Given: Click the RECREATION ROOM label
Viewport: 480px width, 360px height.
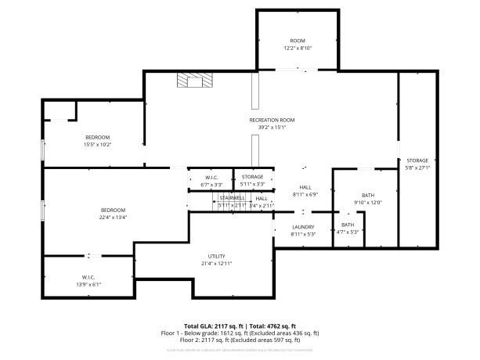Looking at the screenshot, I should tap(268, 120).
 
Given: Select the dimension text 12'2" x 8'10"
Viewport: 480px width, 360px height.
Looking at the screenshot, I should tap(298, 48).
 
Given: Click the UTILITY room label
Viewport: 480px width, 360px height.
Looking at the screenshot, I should tap(217, 256).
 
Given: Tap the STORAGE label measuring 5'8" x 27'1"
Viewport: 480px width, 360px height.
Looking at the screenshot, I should tap(417, 160).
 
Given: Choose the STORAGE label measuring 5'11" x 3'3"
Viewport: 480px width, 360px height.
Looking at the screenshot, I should tap(252, 178).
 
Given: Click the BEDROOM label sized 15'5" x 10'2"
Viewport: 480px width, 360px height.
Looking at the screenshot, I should tap(98, 137).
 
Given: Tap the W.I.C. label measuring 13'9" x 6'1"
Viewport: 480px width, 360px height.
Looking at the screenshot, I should tap(88, 277).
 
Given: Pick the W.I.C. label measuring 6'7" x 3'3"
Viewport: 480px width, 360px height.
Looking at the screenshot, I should tap(211, 178).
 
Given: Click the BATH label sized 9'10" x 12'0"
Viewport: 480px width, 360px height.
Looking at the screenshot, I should tap(368, 195).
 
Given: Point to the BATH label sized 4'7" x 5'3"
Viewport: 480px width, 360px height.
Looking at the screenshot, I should tap(347, 225).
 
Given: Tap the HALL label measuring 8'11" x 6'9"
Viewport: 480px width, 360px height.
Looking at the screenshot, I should tap(305, 188).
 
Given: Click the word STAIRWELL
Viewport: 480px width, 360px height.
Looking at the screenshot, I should tap(232, 198).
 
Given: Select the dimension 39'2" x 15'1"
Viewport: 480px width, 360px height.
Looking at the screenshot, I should tap(268, 127).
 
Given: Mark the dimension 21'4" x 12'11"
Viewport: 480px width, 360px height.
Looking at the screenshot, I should tap(217, 263).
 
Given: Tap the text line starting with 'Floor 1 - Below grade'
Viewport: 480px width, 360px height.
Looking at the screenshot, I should tap(239, 333).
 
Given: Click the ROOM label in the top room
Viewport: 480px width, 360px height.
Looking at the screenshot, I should tap(298, 41).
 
